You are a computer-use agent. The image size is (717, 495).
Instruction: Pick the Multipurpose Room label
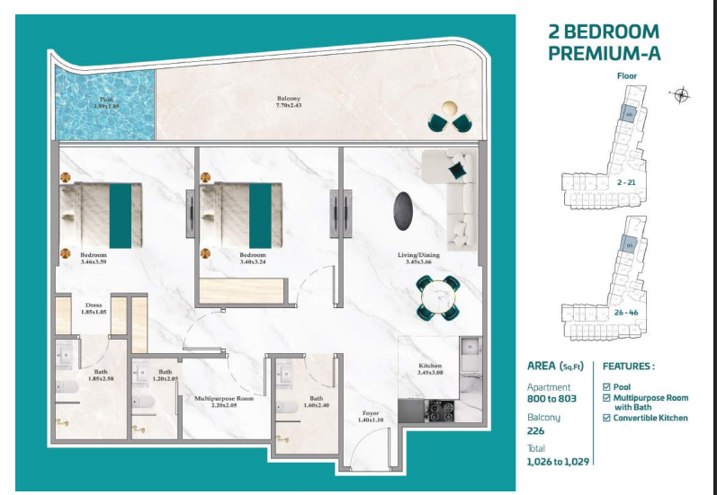[225, 402]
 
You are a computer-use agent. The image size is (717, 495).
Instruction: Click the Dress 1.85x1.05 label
[94, 308]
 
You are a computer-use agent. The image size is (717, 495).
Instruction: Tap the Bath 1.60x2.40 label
[317, 402]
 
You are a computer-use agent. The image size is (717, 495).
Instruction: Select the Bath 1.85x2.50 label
[101, 376]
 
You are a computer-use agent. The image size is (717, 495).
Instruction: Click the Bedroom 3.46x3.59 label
[94, 260]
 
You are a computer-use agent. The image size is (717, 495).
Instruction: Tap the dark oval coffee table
[403, 211]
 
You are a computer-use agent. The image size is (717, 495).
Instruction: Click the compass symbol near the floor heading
[681, 94]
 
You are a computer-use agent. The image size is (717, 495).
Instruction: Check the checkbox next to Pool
[607, 387]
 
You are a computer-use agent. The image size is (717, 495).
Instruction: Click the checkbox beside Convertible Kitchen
[607, 418]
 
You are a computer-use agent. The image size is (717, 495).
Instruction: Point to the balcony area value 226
[535, 431]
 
